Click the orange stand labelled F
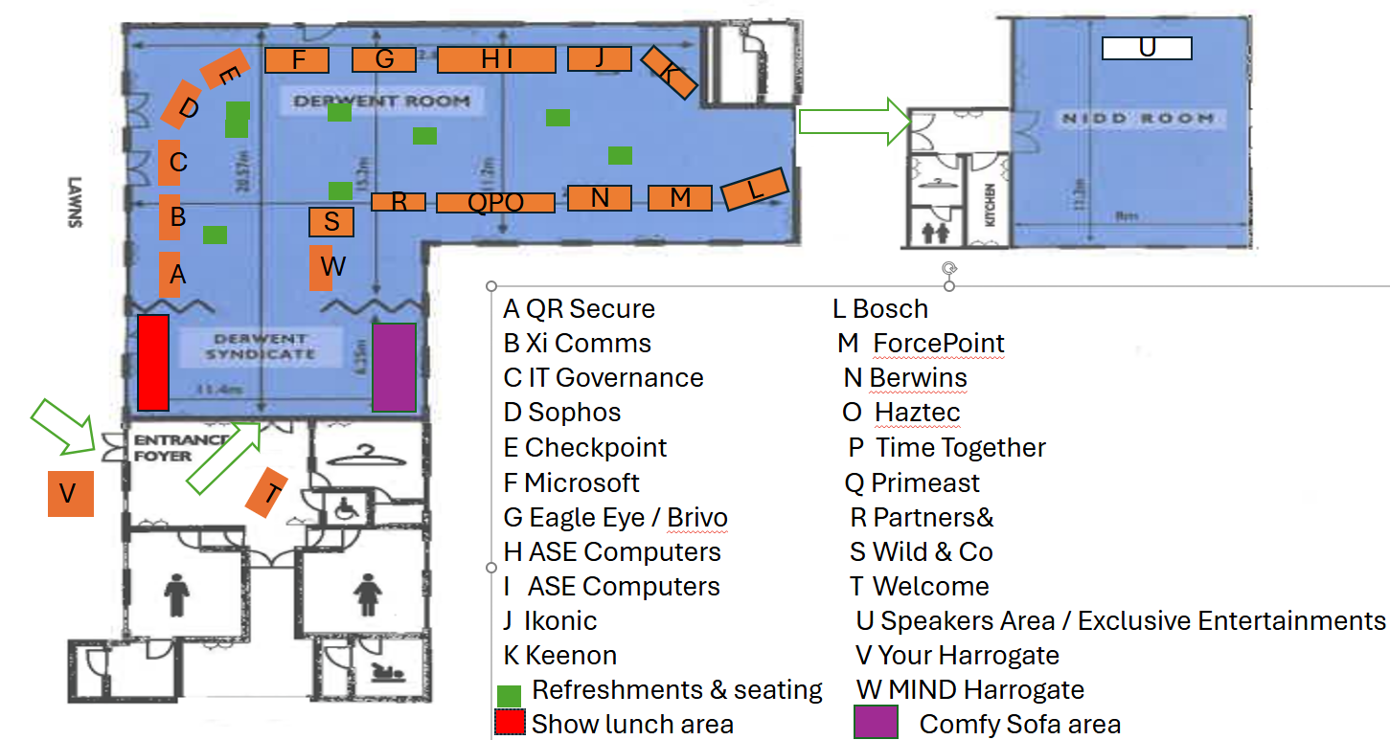(x=297, y=60)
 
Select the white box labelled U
(x=1147, y=48)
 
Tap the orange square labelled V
(x=71, y=493)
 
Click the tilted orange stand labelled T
(x=267, y=493)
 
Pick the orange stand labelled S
(x=331, y=222)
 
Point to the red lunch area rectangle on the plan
(x=153, y=361)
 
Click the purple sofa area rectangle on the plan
(x=393, y=368)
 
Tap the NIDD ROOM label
(x=1137, y=119)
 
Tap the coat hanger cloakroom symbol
(x=365, y=452)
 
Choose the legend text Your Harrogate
(x=968, y=655)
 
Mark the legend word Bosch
(x=890, y=309)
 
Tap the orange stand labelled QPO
(x=495, y=203)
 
